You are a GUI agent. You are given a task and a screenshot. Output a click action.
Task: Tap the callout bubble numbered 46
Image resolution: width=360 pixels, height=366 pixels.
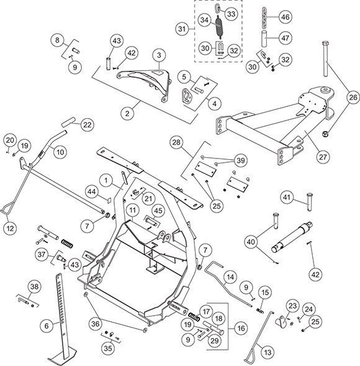coord(285,16)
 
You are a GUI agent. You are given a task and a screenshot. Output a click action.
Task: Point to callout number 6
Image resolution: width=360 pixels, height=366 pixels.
coord(45,324)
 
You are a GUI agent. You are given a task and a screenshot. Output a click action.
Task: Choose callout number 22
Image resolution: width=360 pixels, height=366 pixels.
coord(87,125)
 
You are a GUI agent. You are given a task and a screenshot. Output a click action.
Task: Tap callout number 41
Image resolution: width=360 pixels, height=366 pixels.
coord(286,197)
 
